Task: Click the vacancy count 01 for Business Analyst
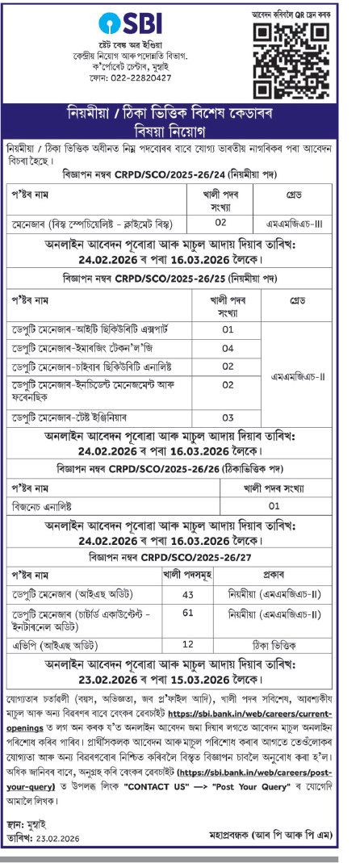274,505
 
